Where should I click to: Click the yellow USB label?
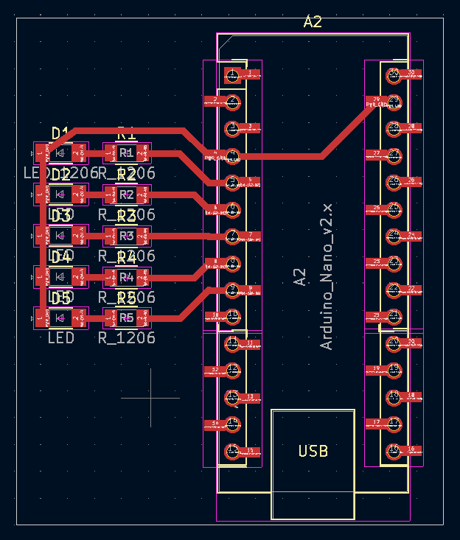(x=313, y=451)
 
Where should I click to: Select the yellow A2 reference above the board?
(x=313, y=22)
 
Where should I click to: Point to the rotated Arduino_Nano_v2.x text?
(x=327, y=277)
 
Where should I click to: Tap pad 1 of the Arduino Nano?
(x=233, y=74)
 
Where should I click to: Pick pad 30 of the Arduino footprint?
(x=394, y=74)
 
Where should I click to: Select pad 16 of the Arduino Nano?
(x=394, y=449)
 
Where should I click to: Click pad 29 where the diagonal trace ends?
(x=394, y=101)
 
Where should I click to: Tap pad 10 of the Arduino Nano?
(x=233, y=315)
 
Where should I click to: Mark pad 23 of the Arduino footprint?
(x=394, y=262)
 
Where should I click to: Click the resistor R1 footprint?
(x=127, y=153)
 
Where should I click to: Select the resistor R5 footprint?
(x=127, y=318)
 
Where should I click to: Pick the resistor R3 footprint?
(x=127, y=236)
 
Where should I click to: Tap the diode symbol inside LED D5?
(x=60, y=318)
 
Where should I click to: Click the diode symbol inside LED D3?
(x=60, y=236)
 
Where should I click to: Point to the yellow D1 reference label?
(x=60, y=133)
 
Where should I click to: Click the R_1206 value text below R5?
(x=127, y=338)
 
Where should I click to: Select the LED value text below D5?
(x=61, y=338)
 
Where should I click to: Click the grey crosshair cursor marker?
(x=150, y=398)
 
